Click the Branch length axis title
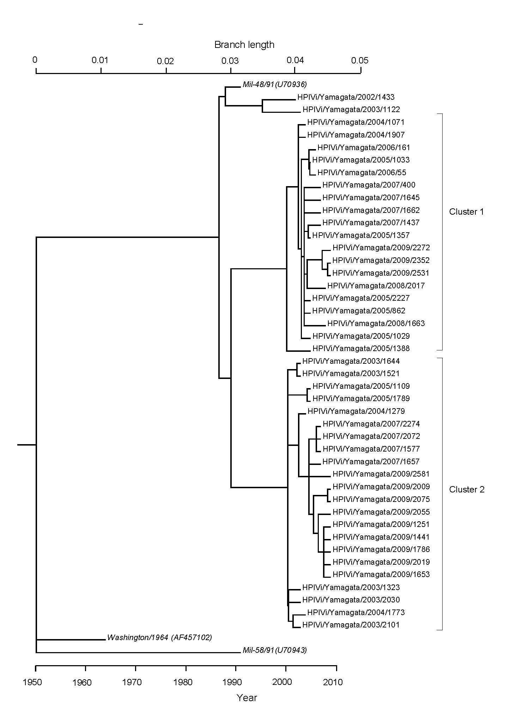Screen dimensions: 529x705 pos(244,45)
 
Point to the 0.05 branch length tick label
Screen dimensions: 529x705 pos(360,60)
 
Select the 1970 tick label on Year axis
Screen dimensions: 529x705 pos(132,682)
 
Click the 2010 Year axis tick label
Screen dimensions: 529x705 pos(333,682)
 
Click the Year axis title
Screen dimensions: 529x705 pos(247,697)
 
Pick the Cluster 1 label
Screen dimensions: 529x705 pos(467,211)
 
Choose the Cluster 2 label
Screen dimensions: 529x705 pos(467,489)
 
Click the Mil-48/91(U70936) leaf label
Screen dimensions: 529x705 pos(275,84)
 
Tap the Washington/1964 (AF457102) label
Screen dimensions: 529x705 pos(159,637)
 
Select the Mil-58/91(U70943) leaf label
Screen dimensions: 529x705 pos(275,650)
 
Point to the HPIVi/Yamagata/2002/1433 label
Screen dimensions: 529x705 pos(346,97)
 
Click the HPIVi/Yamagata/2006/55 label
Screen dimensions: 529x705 pos(362,172)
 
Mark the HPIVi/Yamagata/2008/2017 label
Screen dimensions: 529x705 pos(376,286)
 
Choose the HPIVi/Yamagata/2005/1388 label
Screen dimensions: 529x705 pos(361,348)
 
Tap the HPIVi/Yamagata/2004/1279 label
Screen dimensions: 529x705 pos(356,411)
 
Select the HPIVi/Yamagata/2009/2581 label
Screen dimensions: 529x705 pos(381,474)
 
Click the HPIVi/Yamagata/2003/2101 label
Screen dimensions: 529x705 pos(351,625)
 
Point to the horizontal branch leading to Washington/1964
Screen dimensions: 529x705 pos(71,639)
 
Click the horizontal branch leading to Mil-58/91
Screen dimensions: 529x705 pos(138,652)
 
